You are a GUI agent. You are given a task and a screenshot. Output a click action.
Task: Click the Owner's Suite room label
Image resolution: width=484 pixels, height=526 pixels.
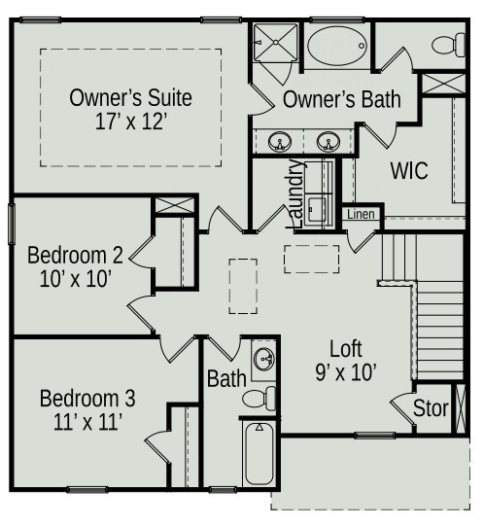[x=130, y=97]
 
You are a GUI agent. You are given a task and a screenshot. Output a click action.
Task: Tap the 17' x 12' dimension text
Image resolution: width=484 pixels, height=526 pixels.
[x=131, y=122]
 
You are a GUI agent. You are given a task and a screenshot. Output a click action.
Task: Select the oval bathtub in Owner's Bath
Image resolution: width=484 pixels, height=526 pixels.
[x=337, y=46]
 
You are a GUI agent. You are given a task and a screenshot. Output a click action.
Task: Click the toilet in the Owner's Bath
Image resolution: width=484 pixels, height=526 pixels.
[x=448, y=45]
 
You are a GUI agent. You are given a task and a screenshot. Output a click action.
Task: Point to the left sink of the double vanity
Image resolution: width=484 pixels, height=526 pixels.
[x=280, y=142]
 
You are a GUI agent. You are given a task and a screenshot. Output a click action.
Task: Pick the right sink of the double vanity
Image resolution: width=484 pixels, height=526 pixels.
[x=328, y=142]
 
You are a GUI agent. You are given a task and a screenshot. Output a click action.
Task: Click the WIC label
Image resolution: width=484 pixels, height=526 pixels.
[x=409, y=170]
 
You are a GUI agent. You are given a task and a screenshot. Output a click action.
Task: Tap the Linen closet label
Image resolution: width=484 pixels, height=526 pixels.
[x=361, y=214]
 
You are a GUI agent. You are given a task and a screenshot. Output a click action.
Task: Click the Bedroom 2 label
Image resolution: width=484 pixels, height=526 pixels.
[x=75, y=256]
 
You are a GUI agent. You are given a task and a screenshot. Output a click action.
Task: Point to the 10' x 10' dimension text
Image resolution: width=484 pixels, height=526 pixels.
[x=76, y=278]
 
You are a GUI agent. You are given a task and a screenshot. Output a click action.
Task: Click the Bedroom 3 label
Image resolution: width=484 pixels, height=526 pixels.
[x=87, y=399]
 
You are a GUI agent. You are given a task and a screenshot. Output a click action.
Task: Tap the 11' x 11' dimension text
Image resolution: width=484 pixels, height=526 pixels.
[x=87, y=422]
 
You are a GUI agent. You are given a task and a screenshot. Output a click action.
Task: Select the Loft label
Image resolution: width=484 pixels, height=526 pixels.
[x=346, y=349]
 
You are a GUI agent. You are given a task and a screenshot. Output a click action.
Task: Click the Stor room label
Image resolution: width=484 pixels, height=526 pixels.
[x=431, y=408]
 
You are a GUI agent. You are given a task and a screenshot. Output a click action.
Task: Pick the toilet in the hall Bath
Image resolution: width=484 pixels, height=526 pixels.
[x=259, y=399]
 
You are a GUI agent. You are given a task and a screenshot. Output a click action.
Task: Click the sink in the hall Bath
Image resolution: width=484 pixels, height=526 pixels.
[x=264, y=360]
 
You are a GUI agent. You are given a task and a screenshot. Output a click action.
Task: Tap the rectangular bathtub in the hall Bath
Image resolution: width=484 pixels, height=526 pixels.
[x=259, y=453]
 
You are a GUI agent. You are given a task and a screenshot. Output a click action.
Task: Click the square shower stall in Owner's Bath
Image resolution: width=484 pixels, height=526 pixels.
[x=275, y=42]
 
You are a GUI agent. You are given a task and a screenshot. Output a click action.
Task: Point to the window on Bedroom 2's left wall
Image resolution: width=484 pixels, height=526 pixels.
[x=11, y=224]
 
